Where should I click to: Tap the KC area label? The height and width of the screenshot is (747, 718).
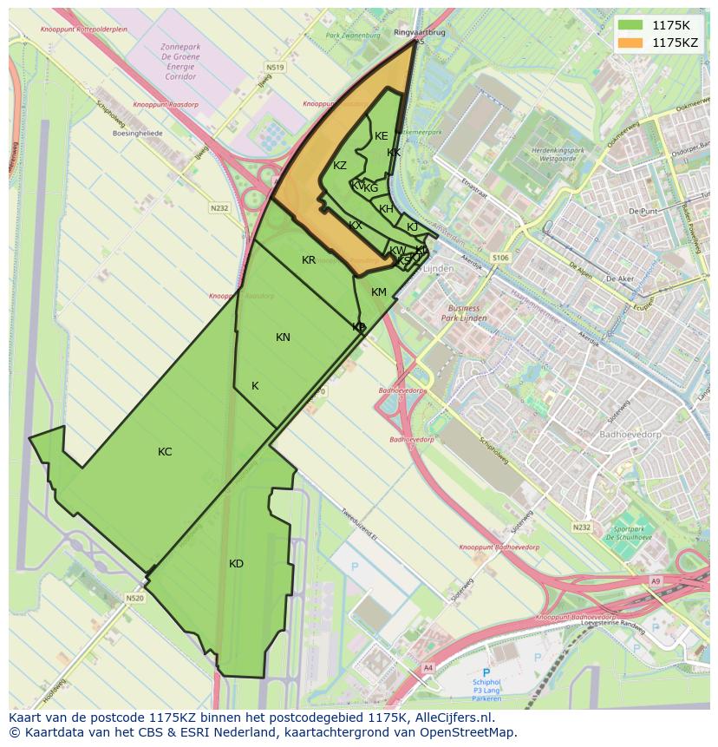click(x=165, y=452)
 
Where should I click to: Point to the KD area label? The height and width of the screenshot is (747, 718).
click(x=236, y=564)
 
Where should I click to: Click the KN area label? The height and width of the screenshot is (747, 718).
click(x=283, y=337)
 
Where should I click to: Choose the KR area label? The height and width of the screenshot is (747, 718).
click(x=309, y=260)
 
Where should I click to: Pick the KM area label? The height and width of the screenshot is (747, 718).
click(x=379, y=292)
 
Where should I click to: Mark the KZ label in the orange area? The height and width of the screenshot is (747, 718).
click(x=340, y=166)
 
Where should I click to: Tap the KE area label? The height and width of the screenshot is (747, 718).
click(x=382, y=136)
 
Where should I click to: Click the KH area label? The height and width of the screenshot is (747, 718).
click(x=387, y=209)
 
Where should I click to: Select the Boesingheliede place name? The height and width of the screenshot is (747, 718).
click(x=137, y=134)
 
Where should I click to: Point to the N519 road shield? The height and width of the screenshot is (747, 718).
click(x=276, y=67)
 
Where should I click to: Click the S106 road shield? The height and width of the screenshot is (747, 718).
click(x=500, y=258)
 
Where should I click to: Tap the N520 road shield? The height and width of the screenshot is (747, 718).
click(x=134, y=598)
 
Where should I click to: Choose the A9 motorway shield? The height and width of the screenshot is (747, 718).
click(x=655, y=581)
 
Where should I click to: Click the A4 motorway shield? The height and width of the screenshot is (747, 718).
click(x=428, y=667)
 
